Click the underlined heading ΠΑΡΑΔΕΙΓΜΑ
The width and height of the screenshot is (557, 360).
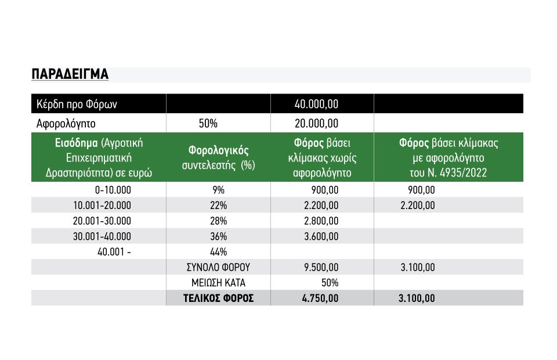(x=70, y=74)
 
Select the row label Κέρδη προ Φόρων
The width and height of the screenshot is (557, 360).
(x=77, y=104)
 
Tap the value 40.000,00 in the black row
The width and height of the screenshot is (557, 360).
(x=316, y=104)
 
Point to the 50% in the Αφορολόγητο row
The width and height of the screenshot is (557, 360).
(x=208, y=123)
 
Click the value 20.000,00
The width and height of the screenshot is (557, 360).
(x=316, y=123)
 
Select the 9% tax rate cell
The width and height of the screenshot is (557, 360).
(x=218, y=190)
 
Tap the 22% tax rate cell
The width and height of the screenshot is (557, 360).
(x=218, y=206)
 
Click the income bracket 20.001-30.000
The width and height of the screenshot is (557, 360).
(x=103, y=221)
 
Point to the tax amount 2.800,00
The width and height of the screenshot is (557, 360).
(x=321, y=221)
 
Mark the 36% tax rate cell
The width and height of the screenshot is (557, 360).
(x=218, y=236)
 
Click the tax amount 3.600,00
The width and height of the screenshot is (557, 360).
(x=321, y=236)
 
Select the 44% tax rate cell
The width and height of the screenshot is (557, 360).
(x=218, y=252)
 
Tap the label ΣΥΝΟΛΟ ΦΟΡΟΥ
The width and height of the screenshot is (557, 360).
(x=218, y=267)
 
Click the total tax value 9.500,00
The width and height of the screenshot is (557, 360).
(x=321, y=267)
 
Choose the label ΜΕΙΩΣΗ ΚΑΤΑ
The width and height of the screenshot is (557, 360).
(x=218, y=283)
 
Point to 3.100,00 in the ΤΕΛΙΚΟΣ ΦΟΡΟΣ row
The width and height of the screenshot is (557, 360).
(x=417, y=298)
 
